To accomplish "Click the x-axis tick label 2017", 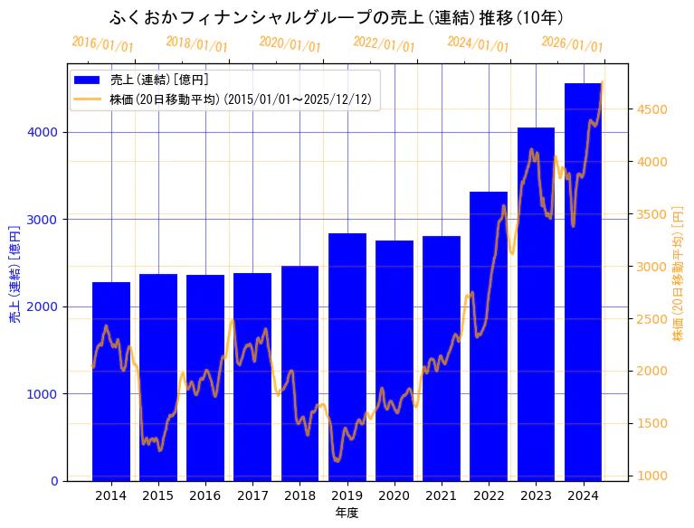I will click(x=252, y=495).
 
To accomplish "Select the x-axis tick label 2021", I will click(x=442, y=495).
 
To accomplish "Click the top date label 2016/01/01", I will click(x=102, y=44).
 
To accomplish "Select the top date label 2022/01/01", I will click(x=384, y=44).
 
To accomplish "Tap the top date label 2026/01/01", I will click(x=572, y=44).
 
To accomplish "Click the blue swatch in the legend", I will click(x=89, y=80).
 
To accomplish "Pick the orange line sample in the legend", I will click(x=89, y=99).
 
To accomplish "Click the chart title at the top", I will click(x=337, y=17).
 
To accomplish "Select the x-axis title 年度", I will click(x=347, y=513).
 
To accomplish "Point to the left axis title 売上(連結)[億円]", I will click(x=14, y=274).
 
